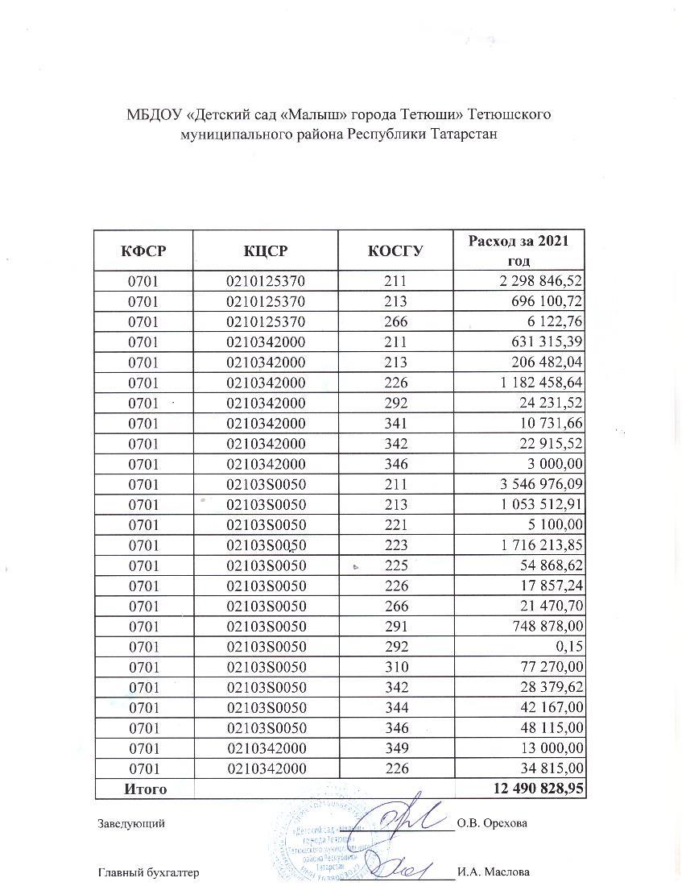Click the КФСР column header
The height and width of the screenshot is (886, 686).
[143, 250]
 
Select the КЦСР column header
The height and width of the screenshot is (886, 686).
[266, 250]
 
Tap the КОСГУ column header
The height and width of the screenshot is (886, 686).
[396, 250]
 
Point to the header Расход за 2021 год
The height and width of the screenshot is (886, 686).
[519, 250]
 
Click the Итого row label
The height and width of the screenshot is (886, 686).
[145, 789]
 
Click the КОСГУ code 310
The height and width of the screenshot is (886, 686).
[397, 666]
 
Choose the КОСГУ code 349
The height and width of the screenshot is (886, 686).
[397, 747]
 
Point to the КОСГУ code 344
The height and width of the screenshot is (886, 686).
[397, 707]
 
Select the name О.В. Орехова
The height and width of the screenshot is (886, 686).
[492, 824]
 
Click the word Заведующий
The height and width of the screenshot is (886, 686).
[132, 824]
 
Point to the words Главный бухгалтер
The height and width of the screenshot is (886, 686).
[148, 872]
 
